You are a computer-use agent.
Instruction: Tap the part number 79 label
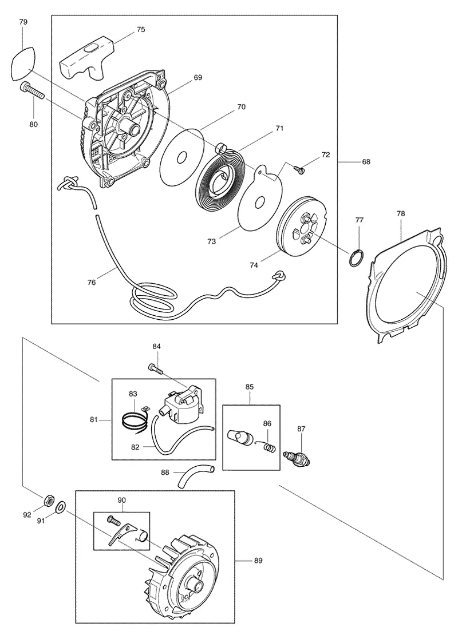click(x=23, y=22)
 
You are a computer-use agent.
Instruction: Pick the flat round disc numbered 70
click(x=181, y=157)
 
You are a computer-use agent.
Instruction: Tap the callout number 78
click(x=401, y=213)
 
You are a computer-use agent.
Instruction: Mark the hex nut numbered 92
click(x=48, y=499)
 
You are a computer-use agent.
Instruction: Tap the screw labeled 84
click(x=155, y=368)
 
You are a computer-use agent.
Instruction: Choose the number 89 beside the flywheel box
click(x=258, y=561)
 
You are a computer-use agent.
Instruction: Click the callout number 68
click(x=366, y=162)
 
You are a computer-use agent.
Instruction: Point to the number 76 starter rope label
click(x=92, y=282)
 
